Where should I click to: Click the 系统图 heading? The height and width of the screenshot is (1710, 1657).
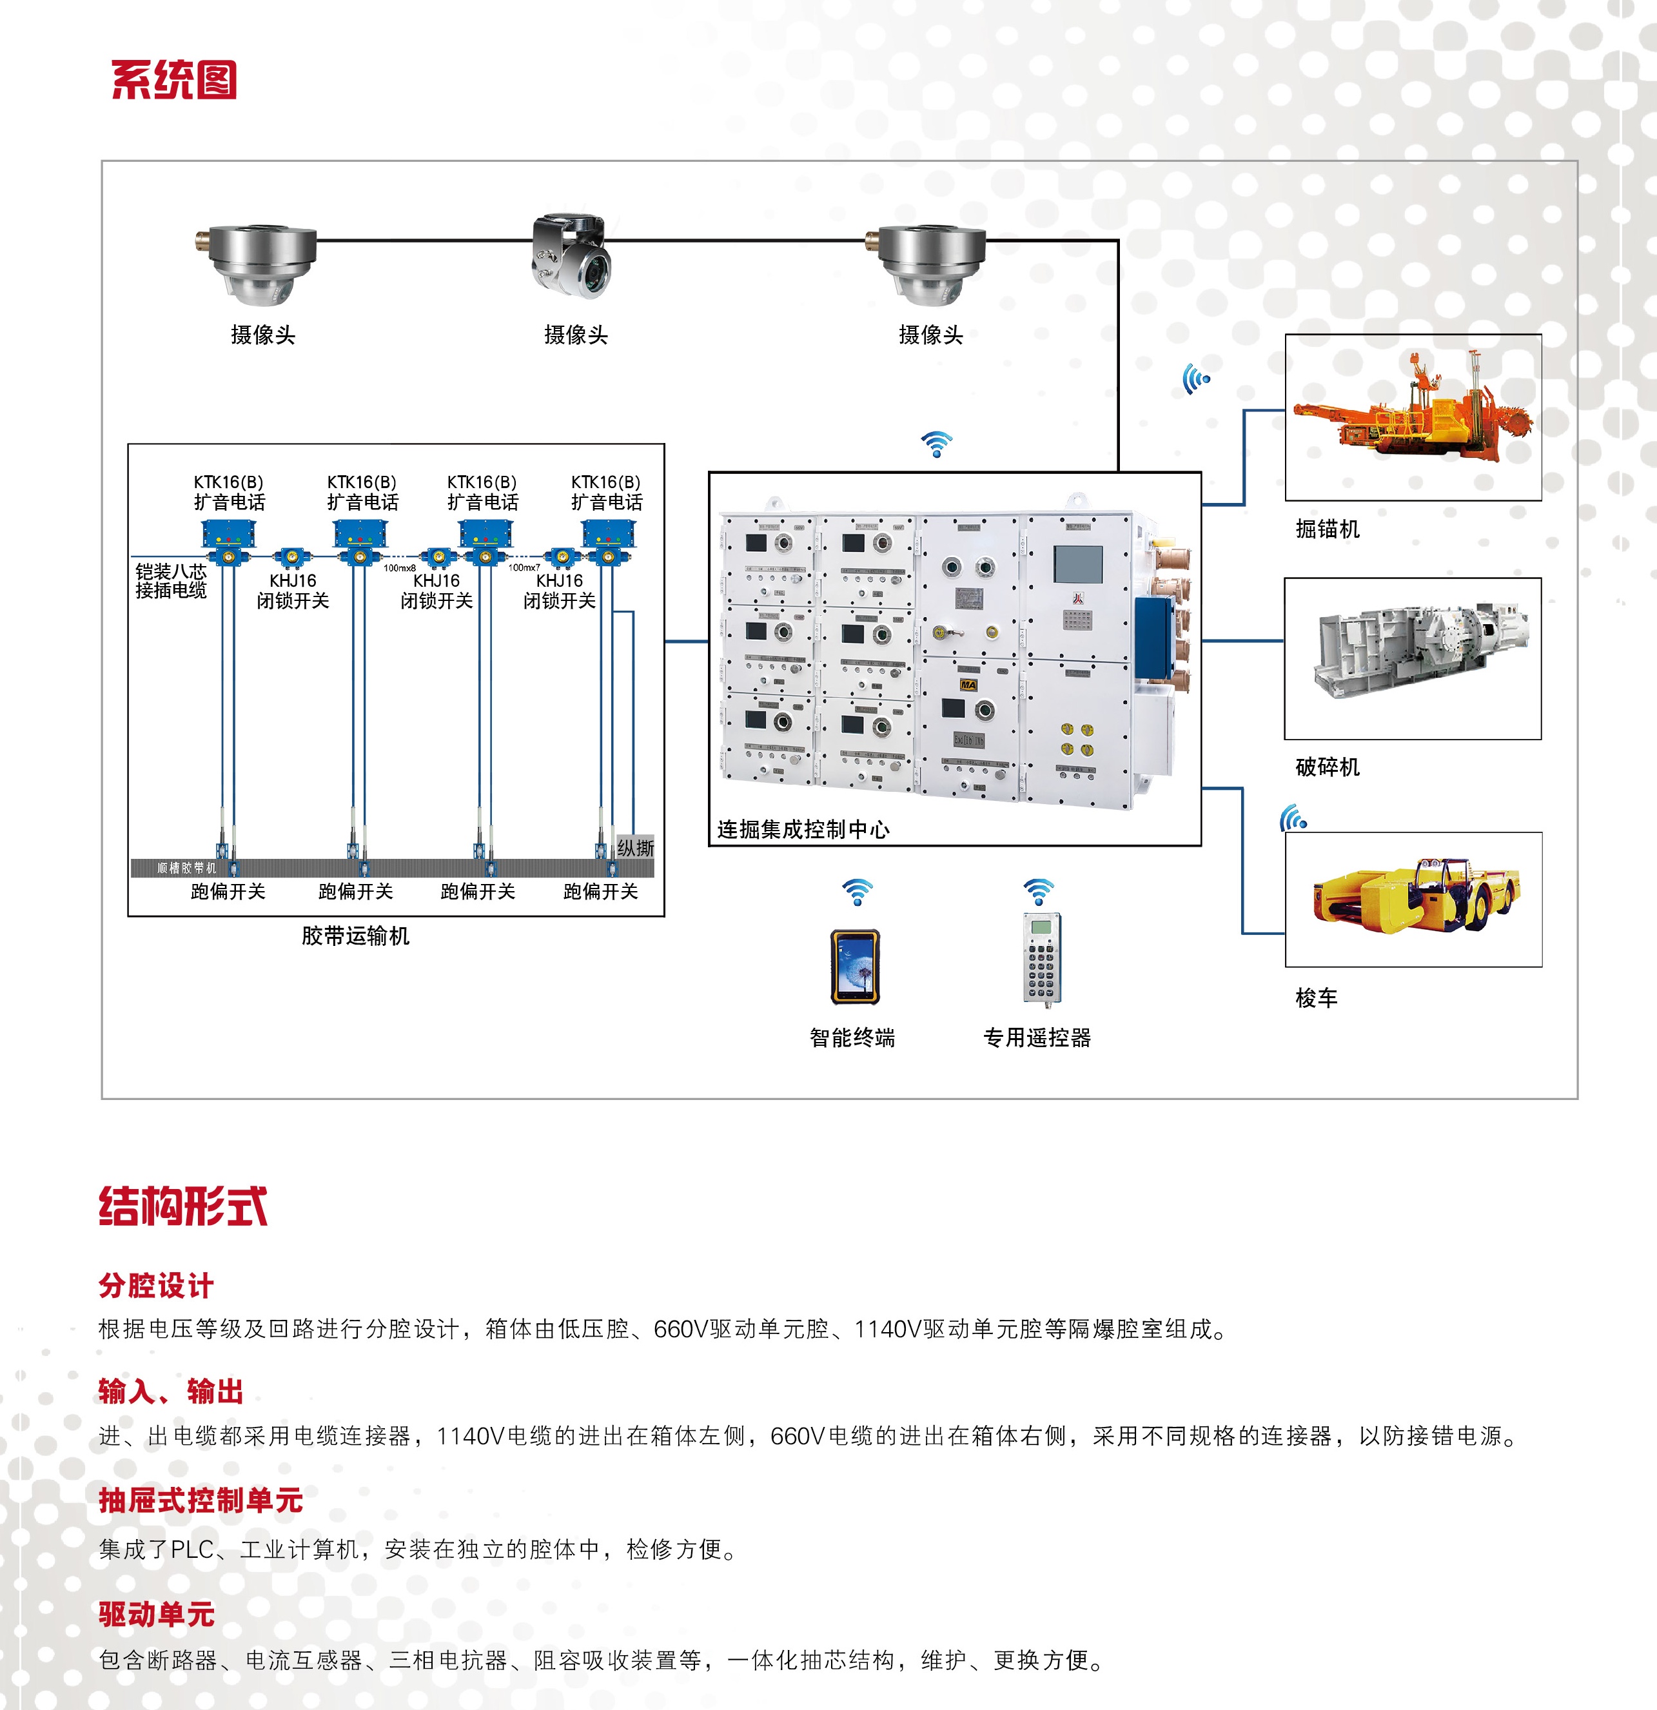click(173, 80)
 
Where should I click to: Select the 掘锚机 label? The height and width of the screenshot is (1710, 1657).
click(1327, 529)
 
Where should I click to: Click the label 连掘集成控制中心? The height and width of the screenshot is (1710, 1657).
click(803, 830)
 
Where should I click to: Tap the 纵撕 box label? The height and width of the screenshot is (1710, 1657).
click(635, 847)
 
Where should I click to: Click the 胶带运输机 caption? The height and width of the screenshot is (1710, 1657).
click(355, 936)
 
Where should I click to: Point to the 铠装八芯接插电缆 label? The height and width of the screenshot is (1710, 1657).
click(171, 581)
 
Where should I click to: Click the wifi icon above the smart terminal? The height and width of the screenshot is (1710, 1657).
click(857, 892)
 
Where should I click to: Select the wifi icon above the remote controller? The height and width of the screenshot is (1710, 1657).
click(1038, 892)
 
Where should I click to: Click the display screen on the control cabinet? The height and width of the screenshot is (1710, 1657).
click(1077, 564)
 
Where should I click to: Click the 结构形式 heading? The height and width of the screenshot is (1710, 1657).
click(182, 1206)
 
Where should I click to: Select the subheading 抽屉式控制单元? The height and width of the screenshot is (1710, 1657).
click(201, 1500)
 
